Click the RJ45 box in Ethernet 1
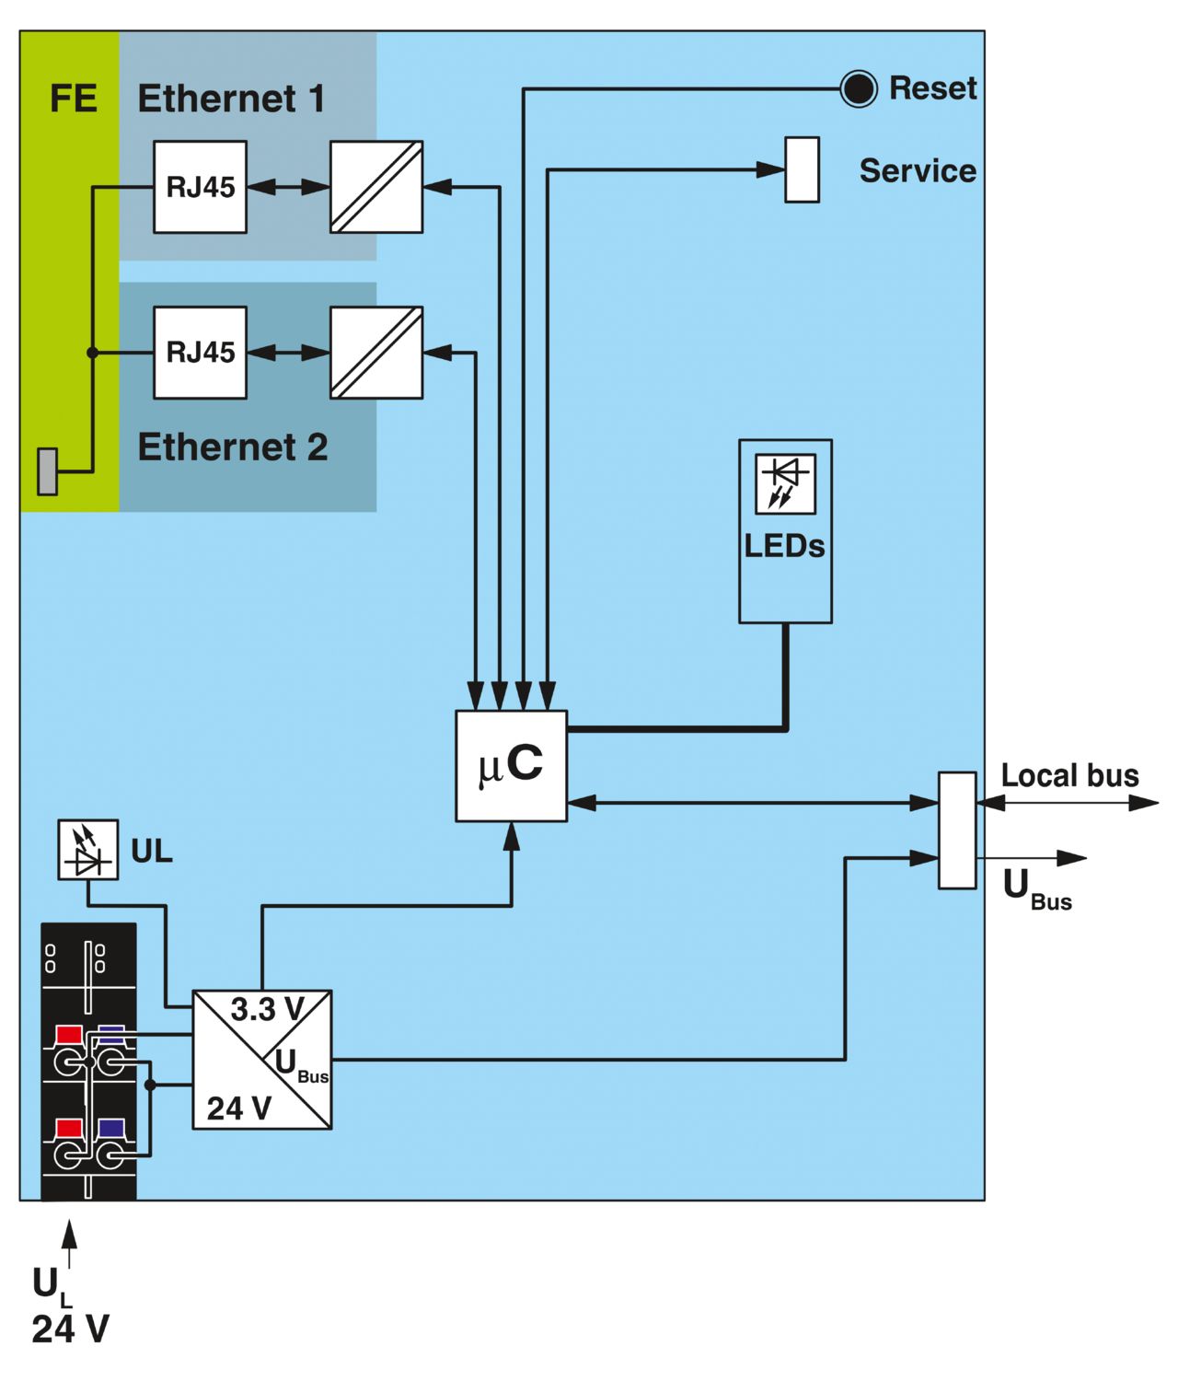point(200,187)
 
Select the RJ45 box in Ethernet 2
point(200,353)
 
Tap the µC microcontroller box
point(511,766)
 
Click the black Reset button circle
point(859,89)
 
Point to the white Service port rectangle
point(802,169)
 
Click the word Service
point(917,171)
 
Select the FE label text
point(73,99)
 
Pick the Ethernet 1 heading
point(231,99)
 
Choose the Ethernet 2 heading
point(232,447)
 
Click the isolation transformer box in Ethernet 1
point(376,187)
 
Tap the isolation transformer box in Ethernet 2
point(376,353)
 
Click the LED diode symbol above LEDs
point(785,483)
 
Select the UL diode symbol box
point(88,850)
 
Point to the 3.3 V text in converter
point(267,1010)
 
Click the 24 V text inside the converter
point(238,1108)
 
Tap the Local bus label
point(1069,775)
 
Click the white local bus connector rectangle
point(957,830)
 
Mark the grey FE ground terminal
point(47,471)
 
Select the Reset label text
point(932,88)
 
